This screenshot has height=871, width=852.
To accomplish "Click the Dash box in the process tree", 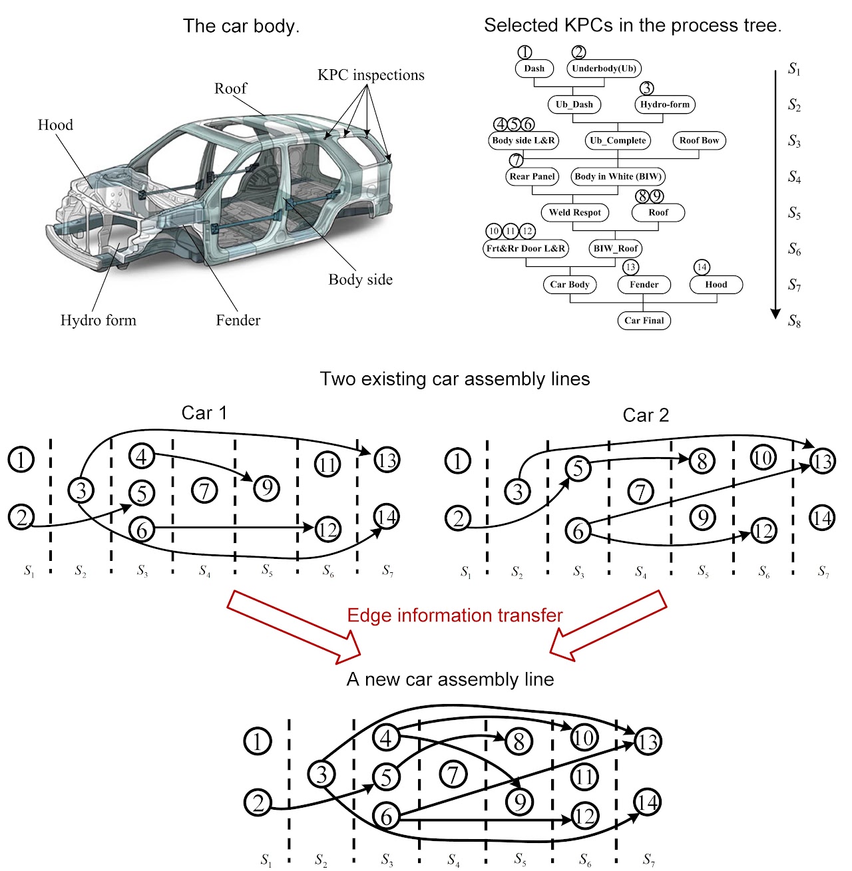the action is click(534, 69).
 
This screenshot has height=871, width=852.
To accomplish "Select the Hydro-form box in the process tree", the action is click(665, 104).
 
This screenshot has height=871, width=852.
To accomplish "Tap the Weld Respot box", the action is click(575, 213).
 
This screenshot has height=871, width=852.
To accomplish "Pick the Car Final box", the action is click(644, 321).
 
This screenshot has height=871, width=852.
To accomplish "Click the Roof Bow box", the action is click(699, 140).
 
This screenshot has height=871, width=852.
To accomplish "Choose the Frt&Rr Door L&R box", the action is click(526, 248).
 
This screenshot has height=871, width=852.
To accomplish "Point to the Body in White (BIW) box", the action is click(618, 176).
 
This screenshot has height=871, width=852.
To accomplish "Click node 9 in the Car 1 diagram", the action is click(266, 488).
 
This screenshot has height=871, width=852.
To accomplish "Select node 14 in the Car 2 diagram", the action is click(822, 518).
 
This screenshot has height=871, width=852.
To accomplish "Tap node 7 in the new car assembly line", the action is click(453, 775).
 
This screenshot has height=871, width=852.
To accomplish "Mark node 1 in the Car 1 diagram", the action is click(21, 460).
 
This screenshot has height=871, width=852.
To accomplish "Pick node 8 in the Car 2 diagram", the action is click(702, 461).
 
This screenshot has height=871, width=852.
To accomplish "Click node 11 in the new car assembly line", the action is click(584, 777).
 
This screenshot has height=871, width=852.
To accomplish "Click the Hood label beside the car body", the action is click(55, 125).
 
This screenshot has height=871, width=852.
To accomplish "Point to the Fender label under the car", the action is click(238, 320).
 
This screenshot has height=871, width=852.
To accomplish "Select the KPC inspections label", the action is click(371, 75).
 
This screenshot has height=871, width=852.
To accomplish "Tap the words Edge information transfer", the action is click(455, 615).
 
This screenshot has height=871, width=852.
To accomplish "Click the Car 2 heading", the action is click(646, 415).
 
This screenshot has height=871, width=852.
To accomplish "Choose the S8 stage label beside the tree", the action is click(794, 321).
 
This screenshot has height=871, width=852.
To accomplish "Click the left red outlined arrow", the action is click(294, 626).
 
